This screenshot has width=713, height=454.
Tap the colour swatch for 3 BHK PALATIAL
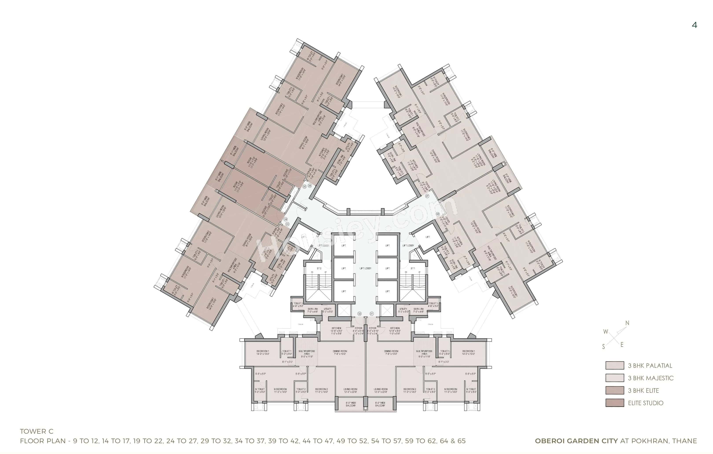click(x=614, y=365)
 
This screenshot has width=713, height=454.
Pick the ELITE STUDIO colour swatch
click(x=614, y=403)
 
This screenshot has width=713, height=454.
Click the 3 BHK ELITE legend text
click(x=643, y=391)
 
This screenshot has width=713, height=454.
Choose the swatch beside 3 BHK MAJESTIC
click(x=614, y=378)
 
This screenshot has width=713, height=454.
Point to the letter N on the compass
click(x=627, y=323)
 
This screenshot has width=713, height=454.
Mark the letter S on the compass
click(x=603, y=347)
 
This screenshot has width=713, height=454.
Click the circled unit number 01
click(x=372, y=314)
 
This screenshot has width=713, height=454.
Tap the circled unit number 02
click(x=359, y=314)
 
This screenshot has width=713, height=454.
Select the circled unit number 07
click(x=427, y=196)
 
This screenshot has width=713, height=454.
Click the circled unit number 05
click(x=304, y=187)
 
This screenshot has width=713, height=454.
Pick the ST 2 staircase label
click(x=319, y=268)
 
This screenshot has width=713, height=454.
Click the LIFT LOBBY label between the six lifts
click(x=365, y=268)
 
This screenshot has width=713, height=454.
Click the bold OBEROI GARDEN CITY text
click(x=576, y=441)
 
